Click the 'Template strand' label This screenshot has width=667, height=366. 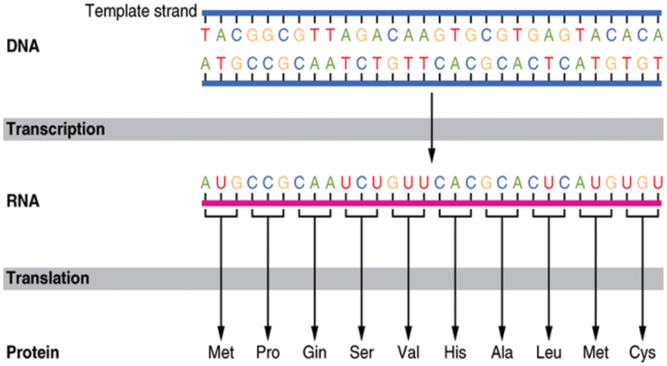coord(142,11)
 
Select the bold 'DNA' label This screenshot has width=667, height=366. coord(23,46)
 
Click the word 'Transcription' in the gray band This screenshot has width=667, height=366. coord(55,130)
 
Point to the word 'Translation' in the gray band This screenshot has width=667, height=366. coord(48,279)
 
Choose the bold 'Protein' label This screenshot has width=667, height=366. coord(33,353)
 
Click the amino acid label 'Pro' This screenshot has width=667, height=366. coord(268,353)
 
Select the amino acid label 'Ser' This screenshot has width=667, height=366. coord(362,353)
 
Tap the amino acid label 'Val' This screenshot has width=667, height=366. coord(408,353)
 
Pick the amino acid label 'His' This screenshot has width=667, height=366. coord(455,353)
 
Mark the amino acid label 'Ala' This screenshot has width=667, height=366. coord(502,353)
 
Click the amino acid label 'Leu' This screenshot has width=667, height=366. coord(548,353)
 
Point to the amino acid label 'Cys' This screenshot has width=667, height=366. coord(642,353)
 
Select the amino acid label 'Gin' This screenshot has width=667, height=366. coord(315,353)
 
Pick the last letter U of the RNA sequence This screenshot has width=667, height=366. coord(658,184)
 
